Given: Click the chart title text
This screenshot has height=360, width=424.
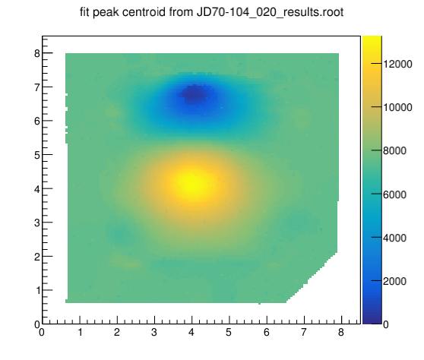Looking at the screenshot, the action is (x=212, y=12).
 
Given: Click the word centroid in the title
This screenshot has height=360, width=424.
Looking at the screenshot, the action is (x=143, y=12).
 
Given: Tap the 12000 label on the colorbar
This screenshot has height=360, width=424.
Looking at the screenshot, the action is (x=397, y=65).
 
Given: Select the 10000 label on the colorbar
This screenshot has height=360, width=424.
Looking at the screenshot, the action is (x=397, y=108).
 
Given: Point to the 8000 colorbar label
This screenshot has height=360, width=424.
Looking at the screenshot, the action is (x=395, y=151).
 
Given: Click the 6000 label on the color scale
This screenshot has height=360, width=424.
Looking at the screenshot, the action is (x=395, y=194).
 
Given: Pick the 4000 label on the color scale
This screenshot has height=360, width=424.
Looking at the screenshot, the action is (x=395, y=238).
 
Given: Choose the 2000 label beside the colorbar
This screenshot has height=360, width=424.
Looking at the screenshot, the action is (x=395, y=281).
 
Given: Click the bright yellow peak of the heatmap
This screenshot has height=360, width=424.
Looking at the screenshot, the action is (x=192, y=185).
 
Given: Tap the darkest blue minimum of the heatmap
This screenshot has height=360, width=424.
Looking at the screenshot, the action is (x=195, y=95).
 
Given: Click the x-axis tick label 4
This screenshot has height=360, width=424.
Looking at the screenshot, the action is (x=191, y=332).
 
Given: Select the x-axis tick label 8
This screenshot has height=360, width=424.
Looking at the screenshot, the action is (x=341, y=332).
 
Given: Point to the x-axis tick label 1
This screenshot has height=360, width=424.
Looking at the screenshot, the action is (x=80, y=332).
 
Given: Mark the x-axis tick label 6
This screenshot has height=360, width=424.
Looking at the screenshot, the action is (x=267, y=332).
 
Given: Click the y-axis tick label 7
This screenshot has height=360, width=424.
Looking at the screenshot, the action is (x=37, y=87).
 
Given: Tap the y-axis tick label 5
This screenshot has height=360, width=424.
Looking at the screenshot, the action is (x=37, y=155).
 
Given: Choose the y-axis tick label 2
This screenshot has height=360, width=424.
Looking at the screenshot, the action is (x=37, y=257).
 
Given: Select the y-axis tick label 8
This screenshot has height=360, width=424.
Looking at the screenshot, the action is (x=37, y=53).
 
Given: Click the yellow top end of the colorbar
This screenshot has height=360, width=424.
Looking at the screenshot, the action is (x=372, y=39).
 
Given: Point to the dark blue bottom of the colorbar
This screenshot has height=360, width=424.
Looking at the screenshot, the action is (x=372, y=321).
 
